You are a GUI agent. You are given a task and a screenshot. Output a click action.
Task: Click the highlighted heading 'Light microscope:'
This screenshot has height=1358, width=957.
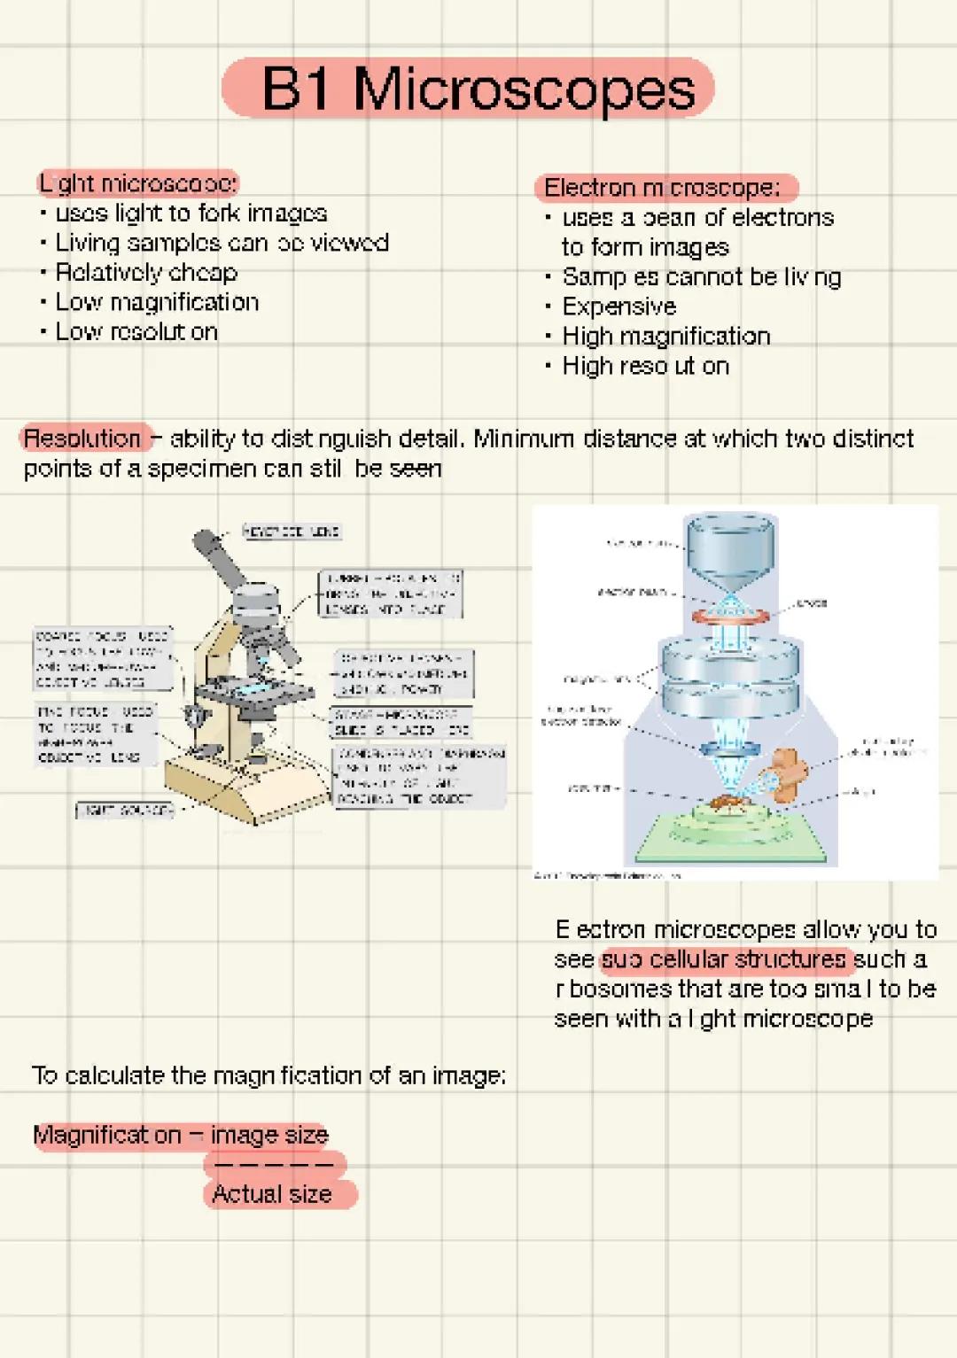tap(138, 183)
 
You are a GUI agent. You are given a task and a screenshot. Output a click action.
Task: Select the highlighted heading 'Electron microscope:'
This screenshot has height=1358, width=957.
tap(665, 188)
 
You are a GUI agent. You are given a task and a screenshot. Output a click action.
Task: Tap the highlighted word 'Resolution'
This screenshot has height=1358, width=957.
tap(82, 438)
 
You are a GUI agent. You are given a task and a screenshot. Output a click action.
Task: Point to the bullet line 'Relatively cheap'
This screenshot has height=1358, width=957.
tap(146, 273)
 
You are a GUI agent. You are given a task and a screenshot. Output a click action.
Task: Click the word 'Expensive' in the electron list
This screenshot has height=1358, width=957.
tap(619, 307)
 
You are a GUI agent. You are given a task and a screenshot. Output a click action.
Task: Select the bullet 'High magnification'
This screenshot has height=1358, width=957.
tap(666, 337)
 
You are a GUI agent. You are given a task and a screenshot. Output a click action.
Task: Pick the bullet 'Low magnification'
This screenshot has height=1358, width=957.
tap(157, 303)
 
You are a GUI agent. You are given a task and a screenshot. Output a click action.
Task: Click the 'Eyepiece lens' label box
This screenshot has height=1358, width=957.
tap(292, 532)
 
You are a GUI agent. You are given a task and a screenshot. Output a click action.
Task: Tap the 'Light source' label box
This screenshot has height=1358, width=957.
tap(123, 810)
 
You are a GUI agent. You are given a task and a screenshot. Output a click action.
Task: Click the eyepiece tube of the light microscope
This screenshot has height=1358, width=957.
tap(221, 558)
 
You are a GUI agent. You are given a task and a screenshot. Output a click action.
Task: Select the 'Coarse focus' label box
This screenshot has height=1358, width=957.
tap(102, 659)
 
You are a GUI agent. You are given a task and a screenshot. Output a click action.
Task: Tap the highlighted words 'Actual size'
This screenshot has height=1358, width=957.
tap(272, 1194)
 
